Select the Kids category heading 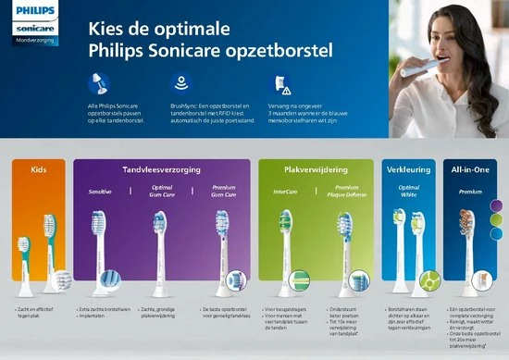tap(38, 170)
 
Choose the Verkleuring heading tap(409, 170)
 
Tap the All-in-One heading tap(470, 170)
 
